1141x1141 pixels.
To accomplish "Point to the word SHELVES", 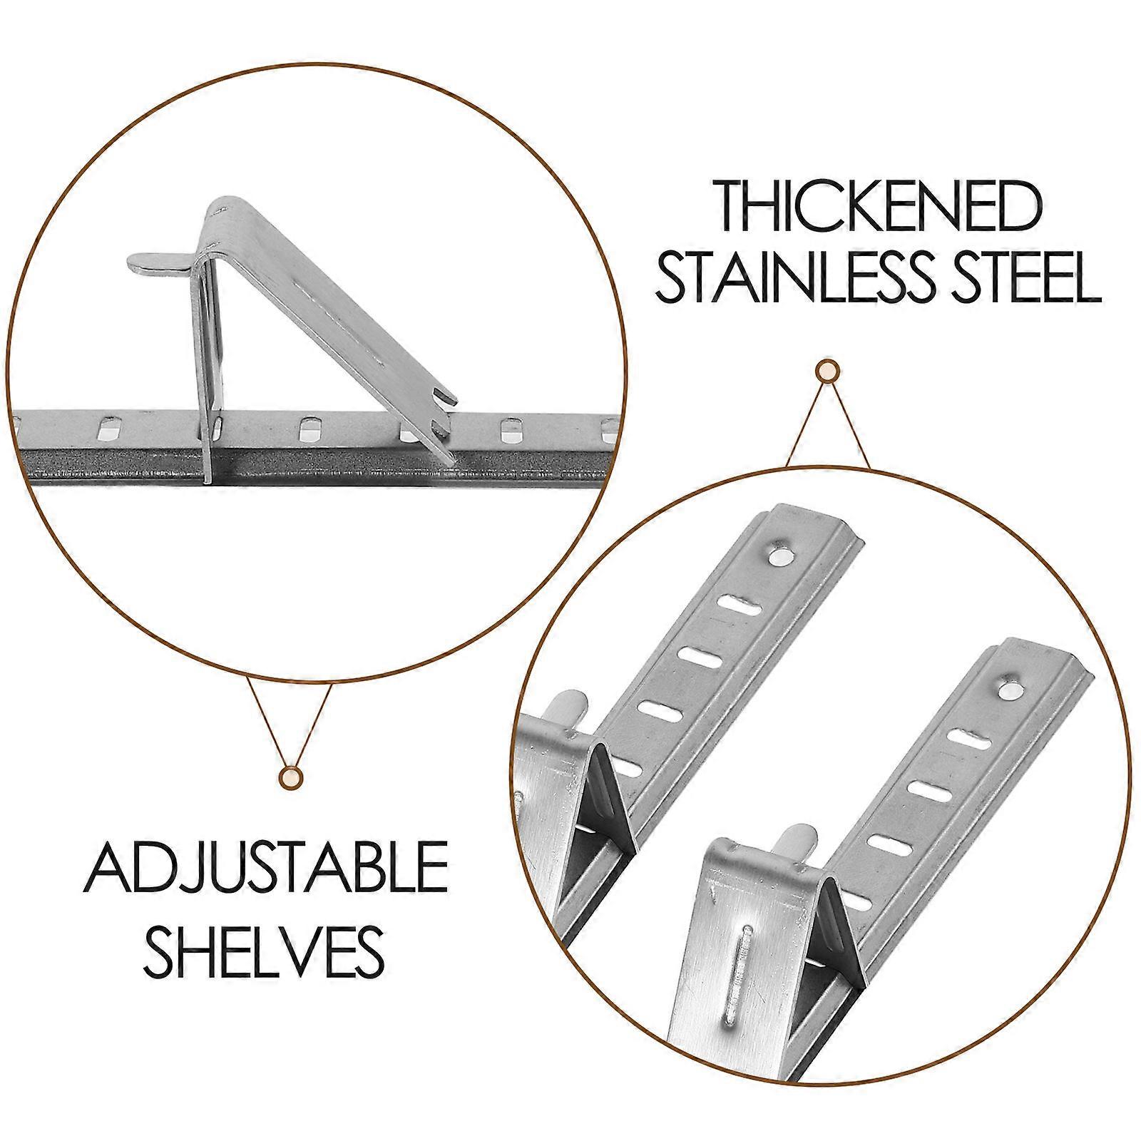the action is (x=265, y=942).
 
